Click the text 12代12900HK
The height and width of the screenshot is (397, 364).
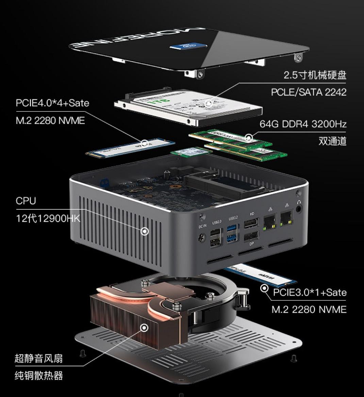pos(48,218)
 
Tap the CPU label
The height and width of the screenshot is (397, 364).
pos(26,201)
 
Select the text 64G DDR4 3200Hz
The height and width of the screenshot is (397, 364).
pos(303,124)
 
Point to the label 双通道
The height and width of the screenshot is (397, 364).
pos(332,141)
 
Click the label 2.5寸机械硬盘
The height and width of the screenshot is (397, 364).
pos(315,75)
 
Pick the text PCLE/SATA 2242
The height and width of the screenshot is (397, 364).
pos(309,92)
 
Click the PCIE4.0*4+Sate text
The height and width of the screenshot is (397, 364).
pos(52,103)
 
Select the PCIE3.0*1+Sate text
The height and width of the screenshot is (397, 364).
pos(310,292)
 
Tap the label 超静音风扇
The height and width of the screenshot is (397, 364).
pos(38,358)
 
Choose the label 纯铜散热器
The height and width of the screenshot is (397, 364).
pos(38,376)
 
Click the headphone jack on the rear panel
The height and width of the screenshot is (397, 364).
pos(299,208)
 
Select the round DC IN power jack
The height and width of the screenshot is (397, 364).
pos(202,237)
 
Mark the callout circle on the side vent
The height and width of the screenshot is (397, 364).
pos(145,232)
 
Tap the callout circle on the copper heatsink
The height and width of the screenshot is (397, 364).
pos(145,328)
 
